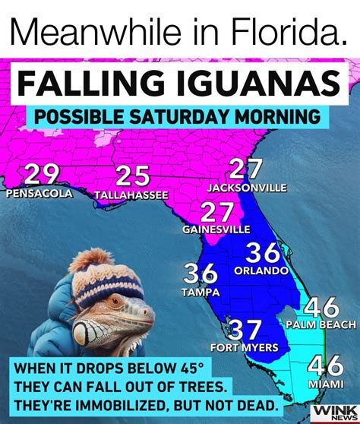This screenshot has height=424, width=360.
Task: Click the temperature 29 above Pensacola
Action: pos(41,176)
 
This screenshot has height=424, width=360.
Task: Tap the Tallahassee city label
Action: pos(131,195)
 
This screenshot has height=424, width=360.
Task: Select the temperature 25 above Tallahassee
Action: pos(132,177)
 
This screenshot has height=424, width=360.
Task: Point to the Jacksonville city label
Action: pos(247,187)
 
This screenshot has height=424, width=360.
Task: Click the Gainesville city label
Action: pos(216,228)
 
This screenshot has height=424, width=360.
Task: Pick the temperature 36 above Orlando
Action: pos(263,253)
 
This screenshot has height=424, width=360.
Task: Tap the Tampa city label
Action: pos(201,291)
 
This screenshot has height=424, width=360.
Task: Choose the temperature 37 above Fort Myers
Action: pos(245,330)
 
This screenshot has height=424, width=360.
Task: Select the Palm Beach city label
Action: pos(321,325)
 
